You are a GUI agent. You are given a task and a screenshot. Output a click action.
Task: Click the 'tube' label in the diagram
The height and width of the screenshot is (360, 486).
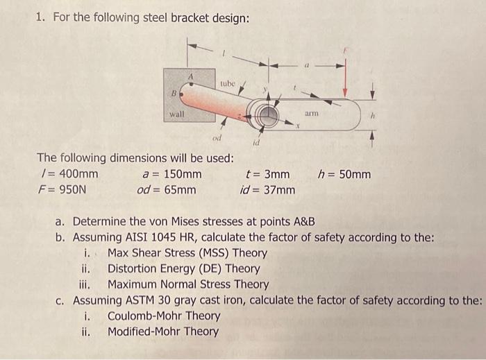[x=228, y=84]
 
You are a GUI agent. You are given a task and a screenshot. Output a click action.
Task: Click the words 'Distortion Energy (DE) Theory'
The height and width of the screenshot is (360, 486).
[x=183, y=268]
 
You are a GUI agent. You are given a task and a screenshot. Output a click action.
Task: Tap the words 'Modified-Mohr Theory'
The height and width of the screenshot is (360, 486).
[x=162, y=331]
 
